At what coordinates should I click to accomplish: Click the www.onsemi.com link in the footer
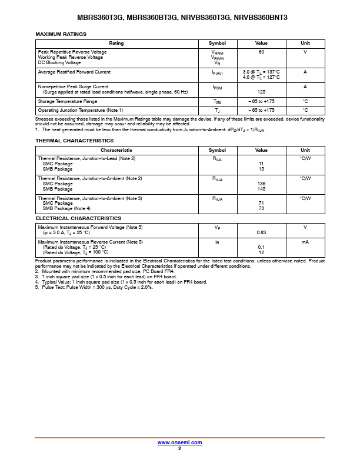(179, 442)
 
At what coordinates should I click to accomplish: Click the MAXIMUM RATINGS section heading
(61, 35)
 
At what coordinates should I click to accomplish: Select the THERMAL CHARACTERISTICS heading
(75, 141)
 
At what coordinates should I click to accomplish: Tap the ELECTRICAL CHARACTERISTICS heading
(78, 218)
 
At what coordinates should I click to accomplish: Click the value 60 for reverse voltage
(261, 52)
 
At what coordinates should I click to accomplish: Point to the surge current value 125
(261, 92)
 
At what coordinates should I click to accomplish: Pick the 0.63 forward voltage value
(261, 232)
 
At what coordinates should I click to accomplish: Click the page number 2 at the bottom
(179, 448)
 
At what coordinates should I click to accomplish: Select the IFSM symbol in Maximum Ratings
(217, 87)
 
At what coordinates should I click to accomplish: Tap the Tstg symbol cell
(217, 102)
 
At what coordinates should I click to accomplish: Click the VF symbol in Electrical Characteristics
(217, 228)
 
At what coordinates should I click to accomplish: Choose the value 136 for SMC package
(261, 184)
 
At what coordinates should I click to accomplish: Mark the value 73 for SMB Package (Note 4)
(261, 209)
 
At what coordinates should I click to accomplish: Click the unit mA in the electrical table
(305, 242)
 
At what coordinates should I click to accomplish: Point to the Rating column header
(116, 44)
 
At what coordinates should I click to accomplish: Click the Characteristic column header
(116, 151)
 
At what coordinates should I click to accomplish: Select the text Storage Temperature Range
(68, 101)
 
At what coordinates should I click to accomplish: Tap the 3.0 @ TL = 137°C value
(261, 72)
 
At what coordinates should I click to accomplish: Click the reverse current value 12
(261, 252)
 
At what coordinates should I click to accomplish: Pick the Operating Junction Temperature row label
(81, 110)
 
